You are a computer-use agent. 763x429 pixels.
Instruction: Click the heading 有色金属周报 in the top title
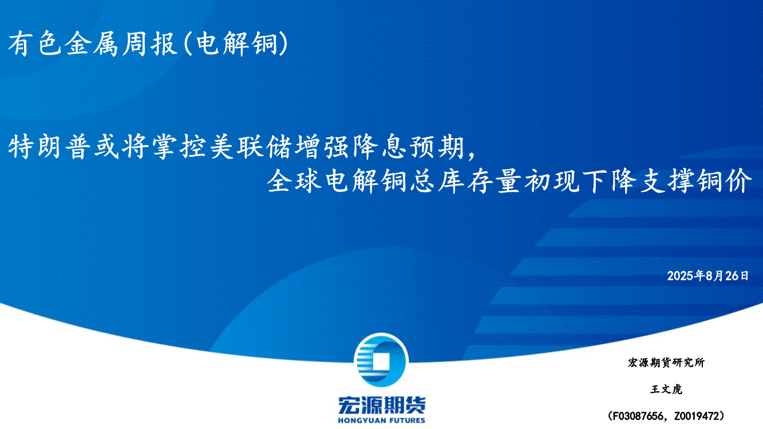[x=93, y=44]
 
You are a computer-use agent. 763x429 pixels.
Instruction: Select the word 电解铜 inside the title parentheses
[x=236, y=44]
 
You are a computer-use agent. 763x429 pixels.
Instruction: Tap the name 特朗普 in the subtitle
[x=49, y=147]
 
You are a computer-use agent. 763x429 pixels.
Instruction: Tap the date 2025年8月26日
[x=707, y=276]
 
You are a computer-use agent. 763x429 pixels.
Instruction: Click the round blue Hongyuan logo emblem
[x=381, y=360]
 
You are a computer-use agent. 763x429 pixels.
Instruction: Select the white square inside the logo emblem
[x=381, y=362]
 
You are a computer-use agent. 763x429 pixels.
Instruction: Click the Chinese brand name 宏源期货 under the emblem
[x=381, y=406]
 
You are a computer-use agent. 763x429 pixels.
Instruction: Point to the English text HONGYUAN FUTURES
[x=381, y=420]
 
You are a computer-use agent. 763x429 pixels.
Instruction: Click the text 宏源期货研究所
[x=666, y=363]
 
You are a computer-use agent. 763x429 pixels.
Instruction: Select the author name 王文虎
[x=666, y=389]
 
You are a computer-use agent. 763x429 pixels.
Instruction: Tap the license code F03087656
[x=638, y=416]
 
